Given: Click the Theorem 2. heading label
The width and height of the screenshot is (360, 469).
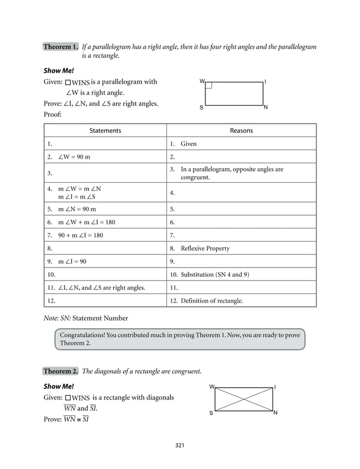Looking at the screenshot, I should point(61,371).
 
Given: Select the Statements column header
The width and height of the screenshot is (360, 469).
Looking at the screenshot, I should point(106,130).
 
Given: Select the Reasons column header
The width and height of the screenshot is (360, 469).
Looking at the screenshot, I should point(241,130).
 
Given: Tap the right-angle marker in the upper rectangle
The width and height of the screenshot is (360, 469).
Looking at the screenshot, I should point(208,85).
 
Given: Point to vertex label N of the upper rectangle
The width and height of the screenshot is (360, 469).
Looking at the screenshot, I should point(266,107).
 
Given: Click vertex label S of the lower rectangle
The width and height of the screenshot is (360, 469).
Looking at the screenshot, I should point(212,413).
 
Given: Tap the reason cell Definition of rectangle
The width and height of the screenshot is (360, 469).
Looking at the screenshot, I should point(211,301).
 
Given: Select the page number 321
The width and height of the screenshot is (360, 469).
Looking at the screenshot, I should point(180,445).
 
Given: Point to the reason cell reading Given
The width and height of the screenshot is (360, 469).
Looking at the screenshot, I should point(188,144).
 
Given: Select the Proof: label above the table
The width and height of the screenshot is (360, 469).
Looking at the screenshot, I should point(52,115).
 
